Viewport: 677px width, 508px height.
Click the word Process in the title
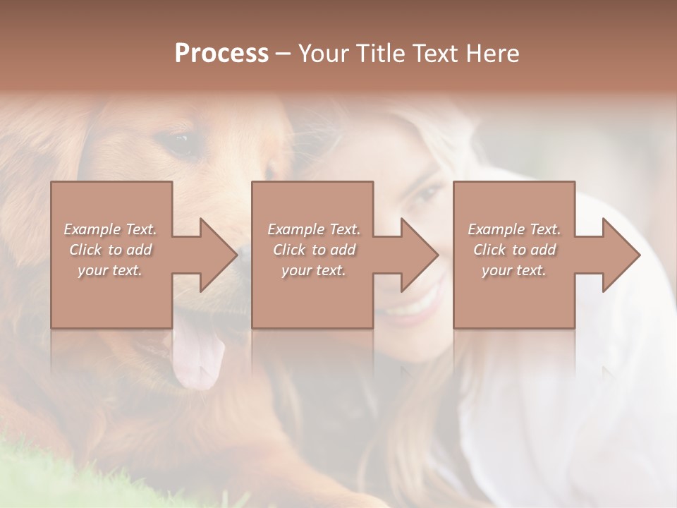pos(221,54)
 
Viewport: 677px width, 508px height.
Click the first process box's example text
pos(110,250)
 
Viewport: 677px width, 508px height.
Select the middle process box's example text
pos(313,250)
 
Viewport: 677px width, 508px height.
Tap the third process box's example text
pos(514,250)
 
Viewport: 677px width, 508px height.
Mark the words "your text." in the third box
pos(514,270)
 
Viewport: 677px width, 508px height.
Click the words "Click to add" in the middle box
pos(313,250)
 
